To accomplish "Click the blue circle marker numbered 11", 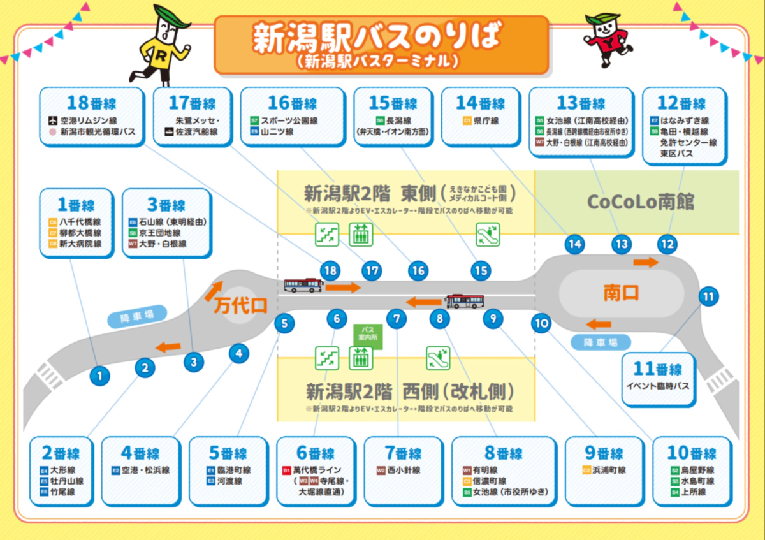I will pyautogui.click(x=708, y=296).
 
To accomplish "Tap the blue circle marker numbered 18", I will pyautogui.click(x=330, y=270).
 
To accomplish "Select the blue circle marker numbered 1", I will pyautogui.click(x=99, y=376).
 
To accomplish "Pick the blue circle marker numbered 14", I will pyautogui.click(x=574, y=244).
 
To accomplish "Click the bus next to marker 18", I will pyautogui.click(x=303, y=285).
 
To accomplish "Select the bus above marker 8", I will pyautogui.click(x=465, y=301).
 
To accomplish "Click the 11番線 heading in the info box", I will pyautogui.click(x=658, y=370).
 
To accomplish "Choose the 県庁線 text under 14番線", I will pyautogui.click(x=485, y=120).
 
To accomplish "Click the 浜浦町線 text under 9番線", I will pyautogui.click(x=609, y=471).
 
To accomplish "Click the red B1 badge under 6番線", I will pyautogui.click(x=287, y=471).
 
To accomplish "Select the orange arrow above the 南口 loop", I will pyautogui.click(x=645, y=262).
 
